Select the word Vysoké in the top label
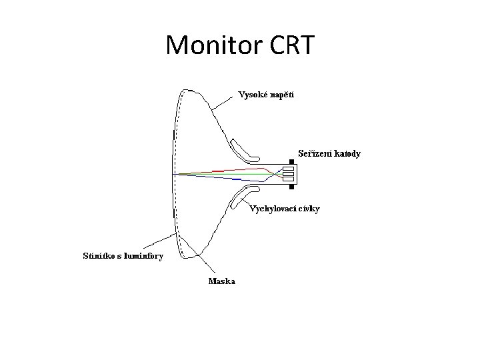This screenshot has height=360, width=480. coord(252,95)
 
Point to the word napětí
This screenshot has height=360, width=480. coord(281,95)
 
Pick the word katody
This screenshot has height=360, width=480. coord(348,153)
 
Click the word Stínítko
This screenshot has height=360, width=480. coord(98,255)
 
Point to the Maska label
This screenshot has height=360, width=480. coord(221,281)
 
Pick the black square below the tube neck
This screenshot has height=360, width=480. coord(292,186)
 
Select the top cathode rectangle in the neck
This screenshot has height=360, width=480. coord(289,169)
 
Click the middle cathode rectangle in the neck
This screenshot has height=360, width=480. coord(289,173)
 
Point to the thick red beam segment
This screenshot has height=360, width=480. coord(218,171)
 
